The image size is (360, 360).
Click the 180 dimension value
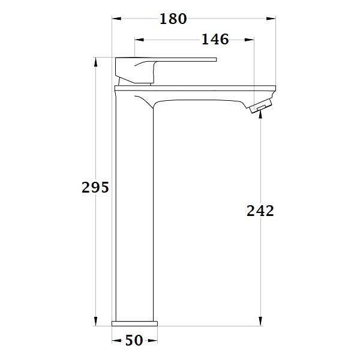point(173,19)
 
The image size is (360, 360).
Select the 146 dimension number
point(215,40)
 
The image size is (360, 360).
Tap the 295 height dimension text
point(95,187)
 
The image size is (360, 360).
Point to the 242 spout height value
point(260,211)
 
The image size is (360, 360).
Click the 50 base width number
point(134,340)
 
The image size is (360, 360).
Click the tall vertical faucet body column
point(135,210)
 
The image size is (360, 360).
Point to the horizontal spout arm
point(210,94)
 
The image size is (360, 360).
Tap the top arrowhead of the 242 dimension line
point(260,116)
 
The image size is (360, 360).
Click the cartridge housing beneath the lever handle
point(137,77)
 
